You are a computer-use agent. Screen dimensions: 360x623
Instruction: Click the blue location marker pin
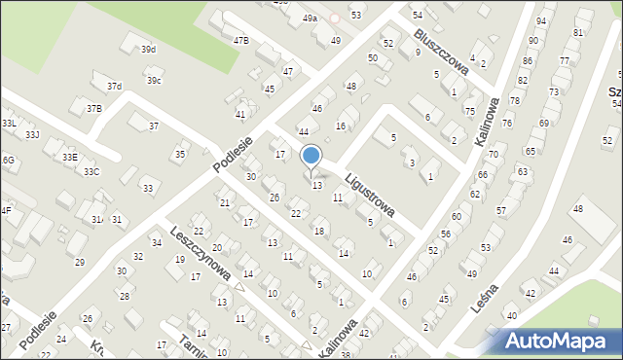click(311, 156)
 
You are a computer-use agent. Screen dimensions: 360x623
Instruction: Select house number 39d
click(148, 49)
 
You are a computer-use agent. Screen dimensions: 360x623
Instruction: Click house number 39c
click(153, 80)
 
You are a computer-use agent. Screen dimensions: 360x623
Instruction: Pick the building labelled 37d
click(114, 87)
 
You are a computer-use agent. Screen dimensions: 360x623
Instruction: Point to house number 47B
click(240, 40)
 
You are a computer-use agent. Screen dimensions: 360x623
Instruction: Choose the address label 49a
click(309, 18)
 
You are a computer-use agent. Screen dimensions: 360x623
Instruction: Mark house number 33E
click(69, 157)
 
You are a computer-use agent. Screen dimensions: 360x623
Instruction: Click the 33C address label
click(91, 172)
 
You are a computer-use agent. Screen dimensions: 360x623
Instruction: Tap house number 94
click(541, 19)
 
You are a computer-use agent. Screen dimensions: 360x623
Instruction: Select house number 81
click(578, 33)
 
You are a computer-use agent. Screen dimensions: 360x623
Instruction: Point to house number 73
click(554, 91)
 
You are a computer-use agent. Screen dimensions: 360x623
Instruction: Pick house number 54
click(417, 15)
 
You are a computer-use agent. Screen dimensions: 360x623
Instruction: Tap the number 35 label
click(179, 155)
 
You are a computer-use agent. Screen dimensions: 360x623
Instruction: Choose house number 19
click(180, 261)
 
